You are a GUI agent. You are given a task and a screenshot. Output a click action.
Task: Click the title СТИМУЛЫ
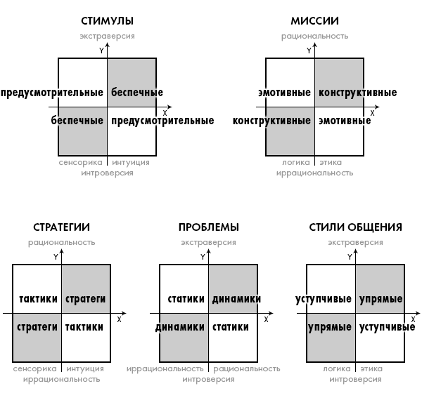(x=107, y=21)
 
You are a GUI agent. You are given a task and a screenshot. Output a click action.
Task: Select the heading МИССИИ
(x=314, y=21)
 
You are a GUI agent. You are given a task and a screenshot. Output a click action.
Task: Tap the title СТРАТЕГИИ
(x=61, y=227)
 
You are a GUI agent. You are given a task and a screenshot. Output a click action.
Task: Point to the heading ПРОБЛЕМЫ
(x=209, y=227)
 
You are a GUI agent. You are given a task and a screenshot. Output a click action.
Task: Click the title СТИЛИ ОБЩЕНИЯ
(x=355, y=227)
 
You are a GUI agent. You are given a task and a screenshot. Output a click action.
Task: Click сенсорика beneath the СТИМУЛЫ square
(x=80, y=162)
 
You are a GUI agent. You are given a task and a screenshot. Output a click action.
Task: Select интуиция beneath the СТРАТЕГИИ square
(x=85, y=369)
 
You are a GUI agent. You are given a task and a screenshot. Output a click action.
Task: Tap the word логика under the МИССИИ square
(x=296, y=162)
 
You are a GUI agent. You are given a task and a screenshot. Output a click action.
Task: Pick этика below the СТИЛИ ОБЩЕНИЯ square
(x=371, y=369)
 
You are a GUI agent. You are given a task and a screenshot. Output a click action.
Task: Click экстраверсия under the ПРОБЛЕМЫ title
(x=209, y=242)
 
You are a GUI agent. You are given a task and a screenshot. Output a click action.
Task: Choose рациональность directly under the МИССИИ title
(x=314, y=36)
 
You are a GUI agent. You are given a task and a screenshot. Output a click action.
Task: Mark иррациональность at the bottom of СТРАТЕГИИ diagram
(x=61, y=379)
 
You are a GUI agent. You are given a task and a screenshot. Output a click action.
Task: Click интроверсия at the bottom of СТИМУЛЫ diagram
(x=107, y=173)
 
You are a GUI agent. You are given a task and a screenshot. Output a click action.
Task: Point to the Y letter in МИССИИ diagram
(x=309, y=51)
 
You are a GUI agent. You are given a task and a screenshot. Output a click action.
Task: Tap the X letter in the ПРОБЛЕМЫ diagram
(x=266, y=319)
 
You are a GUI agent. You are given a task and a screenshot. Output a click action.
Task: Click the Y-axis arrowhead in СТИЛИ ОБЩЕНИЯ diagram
(x=355, y=251)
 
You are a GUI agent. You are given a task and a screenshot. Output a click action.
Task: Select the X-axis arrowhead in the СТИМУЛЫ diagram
(x=170, y=107)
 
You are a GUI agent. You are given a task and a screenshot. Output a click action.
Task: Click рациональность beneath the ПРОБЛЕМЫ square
(x=247, y=369)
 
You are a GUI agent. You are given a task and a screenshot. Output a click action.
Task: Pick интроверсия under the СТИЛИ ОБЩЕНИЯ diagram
(x=355, y=379)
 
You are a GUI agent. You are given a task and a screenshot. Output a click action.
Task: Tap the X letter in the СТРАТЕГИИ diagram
(x=120, y=319)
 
